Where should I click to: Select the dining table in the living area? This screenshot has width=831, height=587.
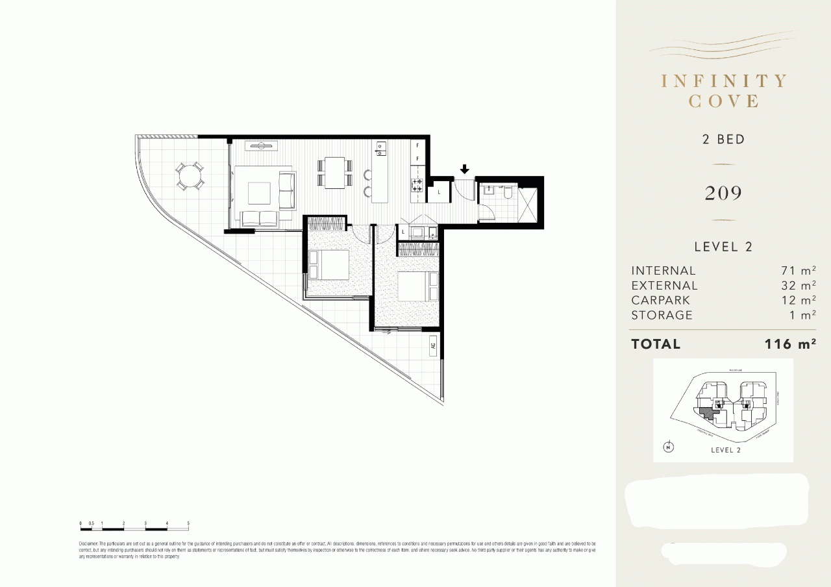335,172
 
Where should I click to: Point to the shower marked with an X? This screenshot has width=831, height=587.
528,205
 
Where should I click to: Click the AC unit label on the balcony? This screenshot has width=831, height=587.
433,347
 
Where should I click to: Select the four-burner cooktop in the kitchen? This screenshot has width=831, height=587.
417,185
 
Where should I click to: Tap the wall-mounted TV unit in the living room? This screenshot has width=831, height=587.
263,145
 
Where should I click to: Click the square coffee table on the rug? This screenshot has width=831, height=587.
258,192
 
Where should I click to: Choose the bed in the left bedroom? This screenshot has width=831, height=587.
329,264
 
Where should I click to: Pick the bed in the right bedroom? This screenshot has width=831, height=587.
415,286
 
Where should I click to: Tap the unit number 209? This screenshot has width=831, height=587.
723,193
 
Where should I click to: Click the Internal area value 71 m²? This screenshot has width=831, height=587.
798,271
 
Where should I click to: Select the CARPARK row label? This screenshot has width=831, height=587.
661,300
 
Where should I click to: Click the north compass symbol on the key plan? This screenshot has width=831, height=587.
668,447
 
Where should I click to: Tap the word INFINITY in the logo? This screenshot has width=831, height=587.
723,81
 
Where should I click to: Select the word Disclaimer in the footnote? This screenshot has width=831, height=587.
88,543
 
